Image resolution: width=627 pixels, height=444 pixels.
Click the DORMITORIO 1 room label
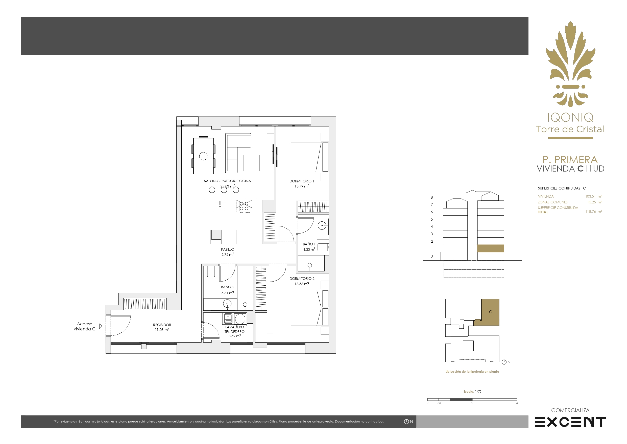click(302, 181)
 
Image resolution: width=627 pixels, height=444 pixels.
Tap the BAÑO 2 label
click(227, 287)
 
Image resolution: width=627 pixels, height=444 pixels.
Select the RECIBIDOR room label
click(162, 325)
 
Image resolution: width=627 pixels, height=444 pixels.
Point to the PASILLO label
click(227, 249)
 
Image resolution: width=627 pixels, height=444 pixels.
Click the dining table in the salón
click(203, 156)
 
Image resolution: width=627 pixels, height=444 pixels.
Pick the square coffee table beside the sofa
click(252, 163)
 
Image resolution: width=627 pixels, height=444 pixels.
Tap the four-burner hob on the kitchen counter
click(244, 206)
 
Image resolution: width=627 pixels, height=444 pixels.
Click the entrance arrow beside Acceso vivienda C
click(101, 326)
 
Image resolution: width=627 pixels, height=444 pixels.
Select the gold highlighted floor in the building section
click(490, 248)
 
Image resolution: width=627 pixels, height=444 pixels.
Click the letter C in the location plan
click(490, 312)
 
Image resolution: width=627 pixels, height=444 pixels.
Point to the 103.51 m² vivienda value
click(594, 196)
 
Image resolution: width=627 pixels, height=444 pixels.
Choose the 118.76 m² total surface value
click(594, 212)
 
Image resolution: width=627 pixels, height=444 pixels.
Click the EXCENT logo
click(570, 422)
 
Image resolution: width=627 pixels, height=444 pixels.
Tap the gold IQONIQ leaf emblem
click(570, 64)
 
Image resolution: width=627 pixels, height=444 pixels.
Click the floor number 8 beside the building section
click(432, 197)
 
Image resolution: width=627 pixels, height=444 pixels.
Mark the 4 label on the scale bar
click(517, 403)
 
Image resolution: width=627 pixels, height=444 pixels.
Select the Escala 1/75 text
click(472, 391)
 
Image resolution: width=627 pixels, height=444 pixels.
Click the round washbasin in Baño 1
click(322, 226)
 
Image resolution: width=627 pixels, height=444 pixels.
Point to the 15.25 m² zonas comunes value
click(594, 202)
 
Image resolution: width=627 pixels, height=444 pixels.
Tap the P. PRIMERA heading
click(570, 159)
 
